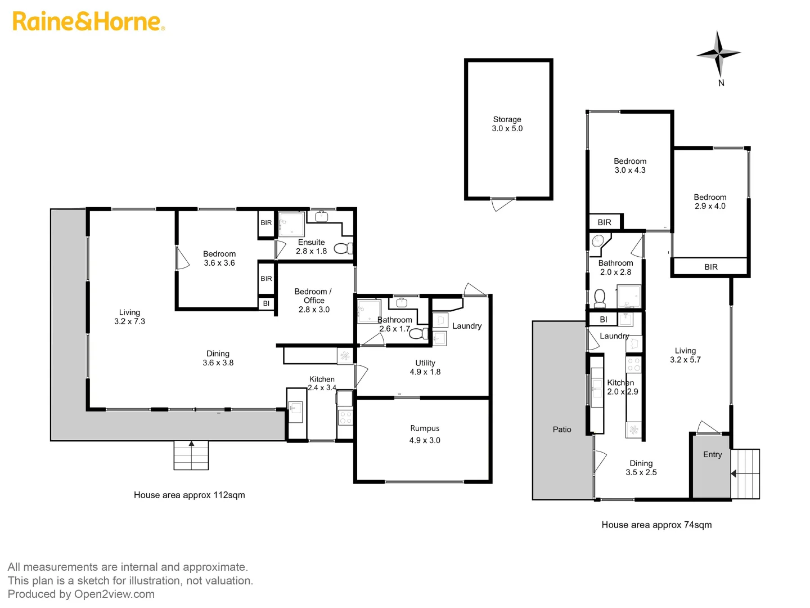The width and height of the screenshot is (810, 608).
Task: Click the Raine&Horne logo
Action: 88,21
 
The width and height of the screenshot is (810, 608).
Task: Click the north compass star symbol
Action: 718,53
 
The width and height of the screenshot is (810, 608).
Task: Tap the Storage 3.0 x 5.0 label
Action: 507,124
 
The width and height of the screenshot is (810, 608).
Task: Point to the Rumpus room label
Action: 425,434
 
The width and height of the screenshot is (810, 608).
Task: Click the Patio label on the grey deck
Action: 561,430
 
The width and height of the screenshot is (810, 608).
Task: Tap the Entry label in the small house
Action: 712,455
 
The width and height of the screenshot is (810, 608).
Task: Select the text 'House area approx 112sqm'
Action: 189,495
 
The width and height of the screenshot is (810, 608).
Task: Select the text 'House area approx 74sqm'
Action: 656,525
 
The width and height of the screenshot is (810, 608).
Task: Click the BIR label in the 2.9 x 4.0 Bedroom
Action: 710,267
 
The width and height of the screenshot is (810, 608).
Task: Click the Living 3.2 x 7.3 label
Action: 129,317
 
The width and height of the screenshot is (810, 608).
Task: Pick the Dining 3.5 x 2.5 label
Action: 641,468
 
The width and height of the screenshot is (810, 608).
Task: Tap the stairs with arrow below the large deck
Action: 191,455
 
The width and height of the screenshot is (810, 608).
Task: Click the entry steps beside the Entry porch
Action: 745,474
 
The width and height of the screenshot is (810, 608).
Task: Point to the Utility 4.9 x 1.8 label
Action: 425,368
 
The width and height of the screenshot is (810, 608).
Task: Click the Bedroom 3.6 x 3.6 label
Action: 219,258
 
